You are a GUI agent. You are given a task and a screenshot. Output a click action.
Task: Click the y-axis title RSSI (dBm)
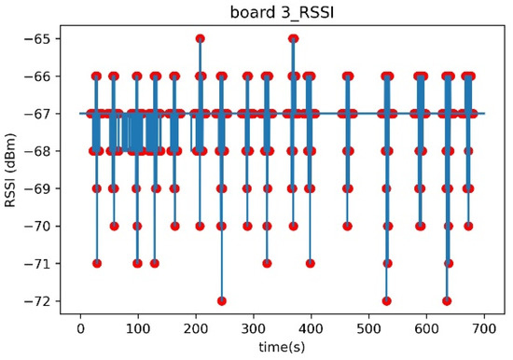pyautogui.click(x=12, y=171)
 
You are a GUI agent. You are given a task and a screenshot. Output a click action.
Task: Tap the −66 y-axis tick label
pyautogui.click(x=43, y=76)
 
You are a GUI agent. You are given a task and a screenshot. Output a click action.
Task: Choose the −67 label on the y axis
pyautogui.click(x=43, y=114)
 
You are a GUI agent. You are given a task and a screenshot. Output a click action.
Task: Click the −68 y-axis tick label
pyautogui.click(x=43, y=151)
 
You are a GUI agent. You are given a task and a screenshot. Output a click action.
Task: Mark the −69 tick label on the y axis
pyautogui.click(x=43, y=188)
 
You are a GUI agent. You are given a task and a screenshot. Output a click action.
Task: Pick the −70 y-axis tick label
pyautogui.click(x=43, y=226)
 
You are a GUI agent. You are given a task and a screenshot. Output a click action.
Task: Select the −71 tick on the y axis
pyautogui.click(x=43, y=264)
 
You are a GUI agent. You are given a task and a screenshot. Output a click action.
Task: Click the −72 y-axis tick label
pyautogui.click(x=43, y=301)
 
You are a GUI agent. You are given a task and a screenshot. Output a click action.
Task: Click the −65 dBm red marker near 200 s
pyautogui.click(x=200, y=38)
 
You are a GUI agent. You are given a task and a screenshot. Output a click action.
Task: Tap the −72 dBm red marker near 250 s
pyautogui.click(x=221, y=300)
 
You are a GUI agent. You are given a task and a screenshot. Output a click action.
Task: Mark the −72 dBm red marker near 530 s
pyautogui.click(x=386, y=300)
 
